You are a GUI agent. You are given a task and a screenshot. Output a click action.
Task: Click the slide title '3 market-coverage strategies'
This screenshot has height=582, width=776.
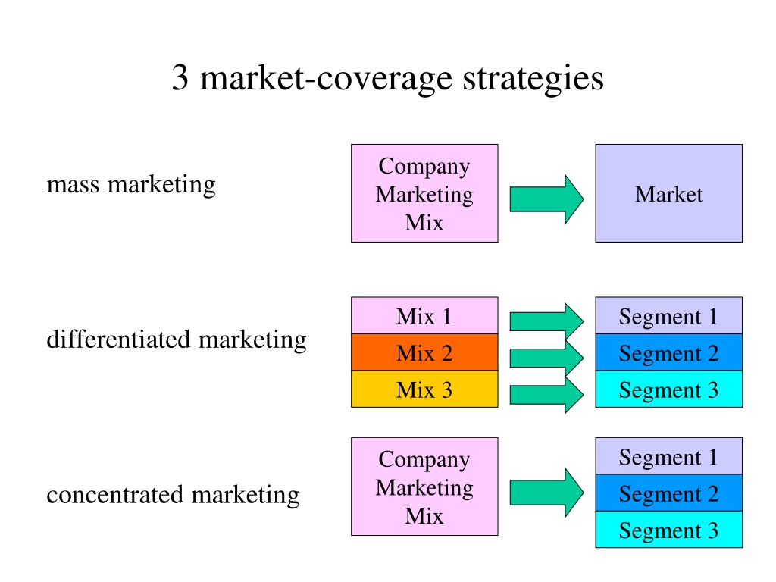(387, 78)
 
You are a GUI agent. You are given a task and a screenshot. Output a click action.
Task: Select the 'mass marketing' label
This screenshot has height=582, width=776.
(131, 185)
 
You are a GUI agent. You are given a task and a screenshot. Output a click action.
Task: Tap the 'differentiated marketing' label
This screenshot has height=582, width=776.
(177, 340)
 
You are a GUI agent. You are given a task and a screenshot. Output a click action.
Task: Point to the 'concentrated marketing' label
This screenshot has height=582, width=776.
(174, 495)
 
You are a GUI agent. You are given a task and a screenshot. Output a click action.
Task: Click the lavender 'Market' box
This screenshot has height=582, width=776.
(668, 193)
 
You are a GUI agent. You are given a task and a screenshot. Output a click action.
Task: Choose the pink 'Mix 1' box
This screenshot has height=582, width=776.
(424, 315)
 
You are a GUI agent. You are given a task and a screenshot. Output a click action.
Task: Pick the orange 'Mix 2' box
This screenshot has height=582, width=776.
(424, 352)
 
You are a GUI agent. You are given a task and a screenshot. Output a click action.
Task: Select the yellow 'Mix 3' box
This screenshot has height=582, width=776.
(424, 389)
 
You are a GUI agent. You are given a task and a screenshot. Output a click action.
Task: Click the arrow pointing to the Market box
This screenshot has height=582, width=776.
(547, 199)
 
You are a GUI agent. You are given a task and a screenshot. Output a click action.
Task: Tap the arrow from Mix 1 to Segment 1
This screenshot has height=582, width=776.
(547, 321)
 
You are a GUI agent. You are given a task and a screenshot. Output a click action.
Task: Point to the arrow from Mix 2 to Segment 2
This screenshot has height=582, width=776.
(547, 358)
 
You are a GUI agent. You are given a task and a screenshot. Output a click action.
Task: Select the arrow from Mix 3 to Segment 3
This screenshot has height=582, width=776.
(547, 394)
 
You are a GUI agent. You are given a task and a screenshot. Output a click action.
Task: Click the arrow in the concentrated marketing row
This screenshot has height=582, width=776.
(547, 493)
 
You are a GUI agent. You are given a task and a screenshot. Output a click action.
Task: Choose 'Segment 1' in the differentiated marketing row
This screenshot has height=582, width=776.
(668, 315)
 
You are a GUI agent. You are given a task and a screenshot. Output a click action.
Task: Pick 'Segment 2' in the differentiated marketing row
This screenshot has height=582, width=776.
(668, 352)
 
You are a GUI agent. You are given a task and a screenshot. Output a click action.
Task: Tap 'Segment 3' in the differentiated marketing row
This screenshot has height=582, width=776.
(668, 389)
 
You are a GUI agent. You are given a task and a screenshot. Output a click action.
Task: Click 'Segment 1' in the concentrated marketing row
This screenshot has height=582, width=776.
(668, 455)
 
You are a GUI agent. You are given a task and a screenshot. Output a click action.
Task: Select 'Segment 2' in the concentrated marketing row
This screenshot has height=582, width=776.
(668, 493)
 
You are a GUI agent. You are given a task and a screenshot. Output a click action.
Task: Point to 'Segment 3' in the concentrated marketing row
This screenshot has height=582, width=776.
(668, 530)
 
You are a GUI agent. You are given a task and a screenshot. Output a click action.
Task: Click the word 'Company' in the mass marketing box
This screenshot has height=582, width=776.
(424, 167)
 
